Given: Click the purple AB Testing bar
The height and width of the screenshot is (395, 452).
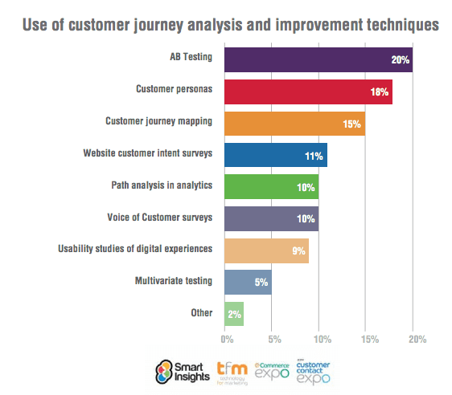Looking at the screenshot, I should tap(318, 60).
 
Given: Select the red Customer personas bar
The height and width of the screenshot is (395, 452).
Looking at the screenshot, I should tap(308, 92).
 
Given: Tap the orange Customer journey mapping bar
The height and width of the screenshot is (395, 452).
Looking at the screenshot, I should tap(294, 123).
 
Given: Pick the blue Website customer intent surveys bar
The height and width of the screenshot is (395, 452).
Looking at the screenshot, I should tap(275, 154).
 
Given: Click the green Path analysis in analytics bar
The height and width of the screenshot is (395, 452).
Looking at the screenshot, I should tap(271, 186).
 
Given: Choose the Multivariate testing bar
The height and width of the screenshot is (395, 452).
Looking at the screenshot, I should tap(248, 281).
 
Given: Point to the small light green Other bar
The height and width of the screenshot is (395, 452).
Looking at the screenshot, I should tap(233, 312).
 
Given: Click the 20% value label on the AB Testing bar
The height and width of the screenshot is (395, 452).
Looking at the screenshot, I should tap(401, 60).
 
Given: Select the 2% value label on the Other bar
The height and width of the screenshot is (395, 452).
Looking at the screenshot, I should tap(232, 313).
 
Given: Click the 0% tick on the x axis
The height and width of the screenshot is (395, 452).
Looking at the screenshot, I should tap(227, 338).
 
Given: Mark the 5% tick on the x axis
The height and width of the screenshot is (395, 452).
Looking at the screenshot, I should tap(273, 338).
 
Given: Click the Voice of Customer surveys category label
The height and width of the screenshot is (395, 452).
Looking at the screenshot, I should tap(159, 218).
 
